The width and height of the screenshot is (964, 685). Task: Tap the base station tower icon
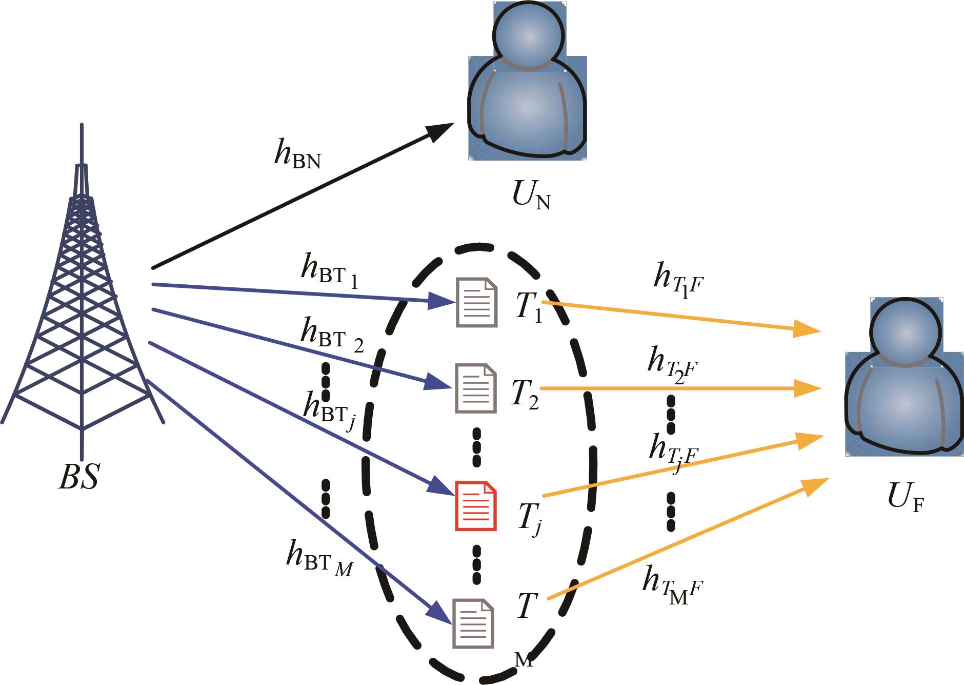(82, 308)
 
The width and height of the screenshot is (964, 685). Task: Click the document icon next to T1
(476, 302)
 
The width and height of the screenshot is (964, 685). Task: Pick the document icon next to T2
(476, 388)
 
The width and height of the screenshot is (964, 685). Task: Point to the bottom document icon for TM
(473, 623)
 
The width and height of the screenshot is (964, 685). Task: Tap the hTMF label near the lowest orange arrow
(671, 586)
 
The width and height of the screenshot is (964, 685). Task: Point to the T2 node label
(525, 395)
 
